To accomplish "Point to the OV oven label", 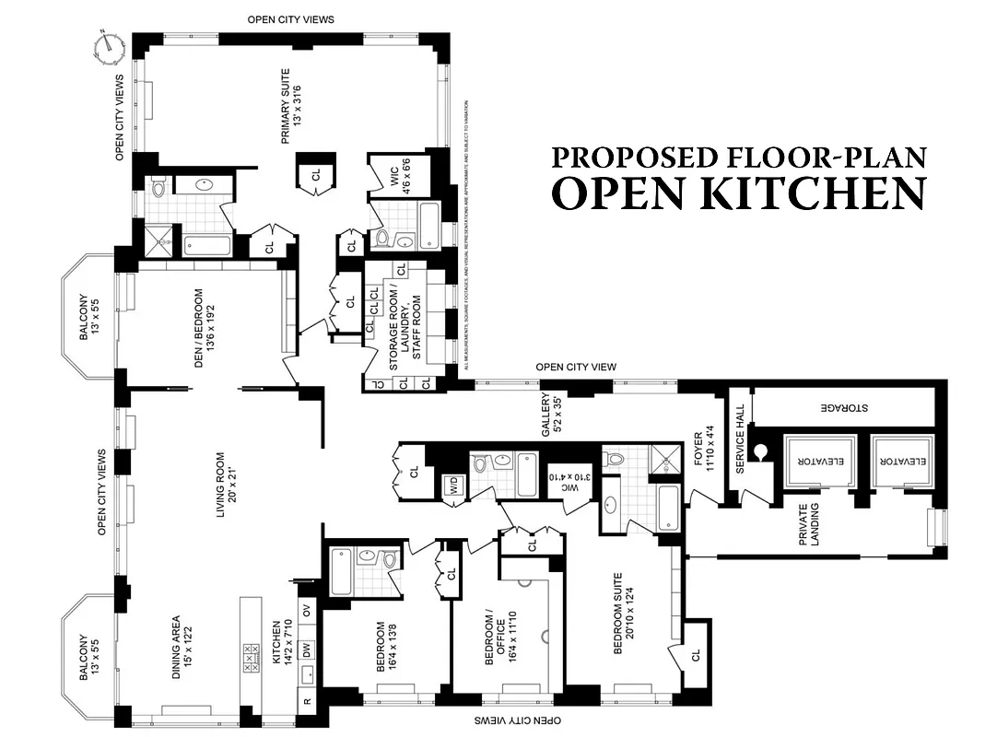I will click(x=307, y=610).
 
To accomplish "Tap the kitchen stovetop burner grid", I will click(x=252, y=661).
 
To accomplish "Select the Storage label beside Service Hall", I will click(x=845, y=406).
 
